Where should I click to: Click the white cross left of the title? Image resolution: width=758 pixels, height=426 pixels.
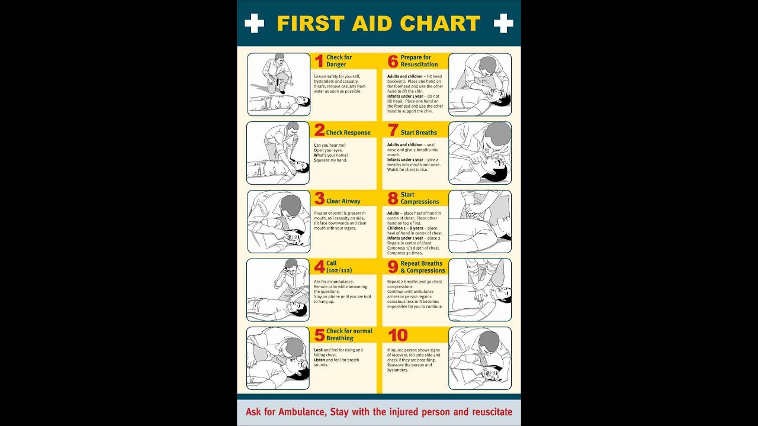coord(254,23)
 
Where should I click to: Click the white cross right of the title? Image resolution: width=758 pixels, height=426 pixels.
coord(503,23)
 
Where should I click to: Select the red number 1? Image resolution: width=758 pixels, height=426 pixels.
coord(319,61)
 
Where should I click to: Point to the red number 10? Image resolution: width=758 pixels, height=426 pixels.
coord(398,335)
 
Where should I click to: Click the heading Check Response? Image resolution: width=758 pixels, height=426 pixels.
coord(348,133)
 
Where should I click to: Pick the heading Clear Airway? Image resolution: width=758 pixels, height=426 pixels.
coord(343,201)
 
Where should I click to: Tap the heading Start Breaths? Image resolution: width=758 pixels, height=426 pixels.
coord(419,133)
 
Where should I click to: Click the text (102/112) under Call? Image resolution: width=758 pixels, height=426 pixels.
coord(339,270)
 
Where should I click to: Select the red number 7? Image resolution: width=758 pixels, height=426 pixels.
coord(393,130)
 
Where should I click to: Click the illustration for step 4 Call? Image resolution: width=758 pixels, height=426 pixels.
coord(278,290)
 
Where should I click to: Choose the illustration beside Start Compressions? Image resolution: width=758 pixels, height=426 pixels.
coord(480,221)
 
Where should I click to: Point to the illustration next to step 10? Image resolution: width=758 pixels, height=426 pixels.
coord(480,358)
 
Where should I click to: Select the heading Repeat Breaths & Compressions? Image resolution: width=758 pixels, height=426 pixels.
coord(422,267)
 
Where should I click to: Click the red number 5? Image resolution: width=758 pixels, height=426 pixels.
coord(319,335)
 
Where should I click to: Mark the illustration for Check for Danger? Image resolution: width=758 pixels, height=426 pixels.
coord(278,84)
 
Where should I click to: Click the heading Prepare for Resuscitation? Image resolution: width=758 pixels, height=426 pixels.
coord(419,61)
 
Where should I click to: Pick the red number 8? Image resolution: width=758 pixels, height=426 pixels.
coord(393,198)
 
